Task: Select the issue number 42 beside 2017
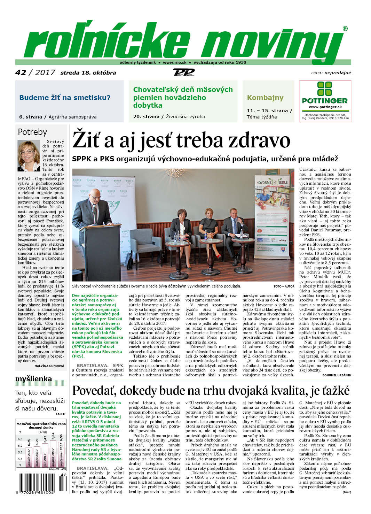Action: pos(21,72)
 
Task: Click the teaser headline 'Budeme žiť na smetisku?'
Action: pos(65,98)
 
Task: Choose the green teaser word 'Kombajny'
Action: pos(265,98)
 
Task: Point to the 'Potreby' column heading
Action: pos(32,132)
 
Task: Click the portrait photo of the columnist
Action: pos(29,155)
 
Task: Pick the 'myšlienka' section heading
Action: pos(33,379)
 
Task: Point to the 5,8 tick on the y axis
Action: pos(20,452)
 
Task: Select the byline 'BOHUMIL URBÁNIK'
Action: pos(337,375)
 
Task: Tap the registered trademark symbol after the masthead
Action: pos(345,29)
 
